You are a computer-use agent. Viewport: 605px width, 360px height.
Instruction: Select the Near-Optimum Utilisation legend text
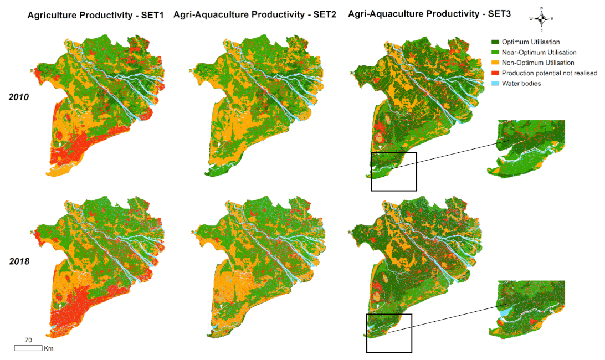tap(537, 52)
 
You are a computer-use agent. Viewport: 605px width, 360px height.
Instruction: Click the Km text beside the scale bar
tap(48, 348)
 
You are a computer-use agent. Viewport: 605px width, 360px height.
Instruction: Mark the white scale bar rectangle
tap(28, 348)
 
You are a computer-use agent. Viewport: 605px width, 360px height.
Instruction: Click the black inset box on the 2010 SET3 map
tap(393, 171)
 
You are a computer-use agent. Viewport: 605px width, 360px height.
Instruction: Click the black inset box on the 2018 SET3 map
tap(389, 333)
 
